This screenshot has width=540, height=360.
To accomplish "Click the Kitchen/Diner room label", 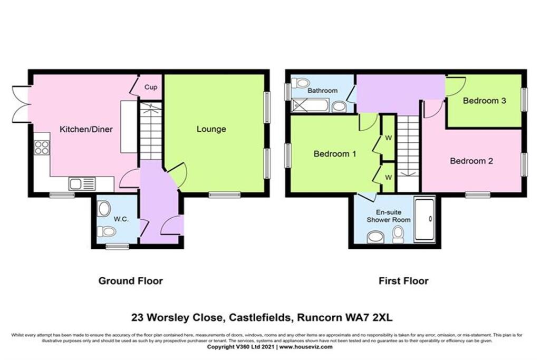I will (85, 129).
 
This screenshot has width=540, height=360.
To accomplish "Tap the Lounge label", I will (211, 129).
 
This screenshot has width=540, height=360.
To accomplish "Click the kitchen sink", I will (82, 184).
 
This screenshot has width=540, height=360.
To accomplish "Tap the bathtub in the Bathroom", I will (311, 105).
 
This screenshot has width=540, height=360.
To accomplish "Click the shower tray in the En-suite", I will (424, 220).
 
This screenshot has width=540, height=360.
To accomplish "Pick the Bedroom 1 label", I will (335, 154).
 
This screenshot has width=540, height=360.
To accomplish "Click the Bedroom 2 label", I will (471, 161).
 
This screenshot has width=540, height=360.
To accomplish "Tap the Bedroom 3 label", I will (484, 101).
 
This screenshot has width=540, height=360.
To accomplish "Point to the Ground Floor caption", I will (131, 281).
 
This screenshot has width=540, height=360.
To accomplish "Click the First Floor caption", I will (403, 281).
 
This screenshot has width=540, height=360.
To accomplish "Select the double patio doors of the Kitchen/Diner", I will (21, 104).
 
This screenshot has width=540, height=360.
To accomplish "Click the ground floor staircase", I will (150, 132).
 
